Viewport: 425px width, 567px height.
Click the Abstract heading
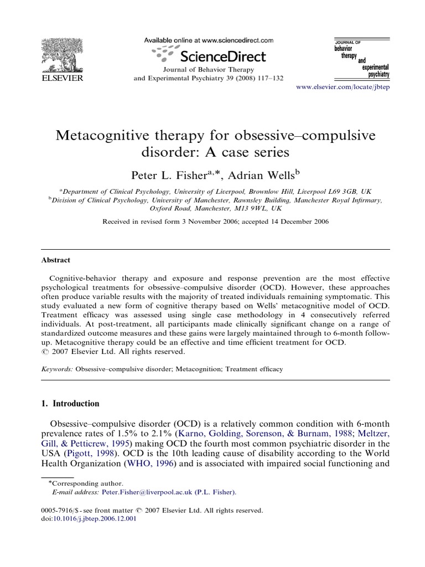(x=56, y=260)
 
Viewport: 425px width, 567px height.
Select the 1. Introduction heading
(x=70, y=404)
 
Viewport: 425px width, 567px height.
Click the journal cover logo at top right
(x=361, y=58)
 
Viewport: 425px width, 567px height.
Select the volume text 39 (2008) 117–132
(x=256, y=78)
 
